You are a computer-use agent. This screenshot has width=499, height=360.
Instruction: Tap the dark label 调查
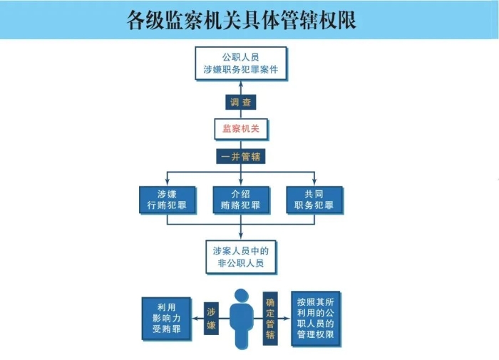pyautogui.click(x=241, y=102)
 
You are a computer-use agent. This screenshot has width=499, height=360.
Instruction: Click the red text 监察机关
pyautogui.click(x=240, y=129)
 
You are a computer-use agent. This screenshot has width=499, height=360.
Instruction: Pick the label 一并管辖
pyautogui.click(x=241, y=156)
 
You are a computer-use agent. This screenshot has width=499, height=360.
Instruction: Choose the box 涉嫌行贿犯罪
pyautogui.click(x=167, y=200)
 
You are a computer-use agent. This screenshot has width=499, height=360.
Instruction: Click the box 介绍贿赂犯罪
pyautogui.click(x=241, y=200)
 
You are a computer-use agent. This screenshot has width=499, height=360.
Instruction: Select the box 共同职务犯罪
pyautogui.click(x=314, y=200)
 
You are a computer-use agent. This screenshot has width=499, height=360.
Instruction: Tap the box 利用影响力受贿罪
pyautogui.click(x=166, y=317)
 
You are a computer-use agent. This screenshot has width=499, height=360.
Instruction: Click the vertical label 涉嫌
pyautogui.click(x=211, y=318)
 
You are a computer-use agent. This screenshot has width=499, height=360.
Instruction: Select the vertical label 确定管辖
pyautogui.click(x=271, y=318)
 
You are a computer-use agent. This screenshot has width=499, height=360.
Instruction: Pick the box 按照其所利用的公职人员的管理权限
pyautogui.click(x=316, y=318)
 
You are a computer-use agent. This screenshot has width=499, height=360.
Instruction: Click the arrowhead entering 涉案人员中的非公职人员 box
pyautogui.click(x=241, y=236)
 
